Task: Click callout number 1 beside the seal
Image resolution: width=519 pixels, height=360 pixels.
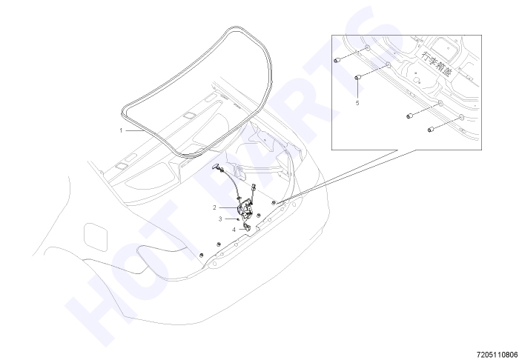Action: (x=121, y=130)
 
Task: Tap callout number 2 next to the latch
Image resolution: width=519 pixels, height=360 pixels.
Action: (x=214, y=207)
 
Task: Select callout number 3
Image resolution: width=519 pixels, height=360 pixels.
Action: (x=220, y=219)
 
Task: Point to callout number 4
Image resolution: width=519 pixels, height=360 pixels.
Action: (x=234, y=230)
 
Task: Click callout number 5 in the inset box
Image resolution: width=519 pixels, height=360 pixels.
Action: (x=357, y=103)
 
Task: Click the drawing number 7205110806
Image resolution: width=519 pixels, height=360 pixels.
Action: (x=497, y=355)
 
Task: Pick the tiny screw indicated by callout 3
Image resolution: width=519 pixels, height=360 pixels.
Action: (x=238, y=219)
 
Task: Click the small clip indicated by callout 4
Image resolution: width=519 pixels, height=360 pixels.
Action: (x=247, y=227)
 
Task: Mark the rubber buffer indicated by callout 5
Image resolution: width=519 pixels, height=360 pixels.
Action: (x=357, y=78)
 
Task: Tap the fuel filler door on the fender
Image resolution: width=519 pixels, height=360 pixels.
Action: (x=96, y=237)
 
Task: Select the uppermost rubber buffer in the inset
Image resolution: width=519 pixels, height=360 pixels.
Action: (x=337, y=61)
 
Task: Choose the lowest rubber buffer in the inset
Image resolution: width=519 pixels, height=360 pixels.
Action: (x=431, y=130)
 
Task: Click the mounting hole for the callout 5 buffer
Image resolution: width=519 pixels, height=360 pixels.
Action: (x=389, y=65)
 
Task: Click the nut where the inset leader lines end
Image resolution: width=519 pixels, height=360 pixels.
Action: (x=274, y=202)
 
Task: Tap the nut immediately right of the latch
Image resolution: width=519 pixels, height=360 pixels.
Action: (x=259, y=216)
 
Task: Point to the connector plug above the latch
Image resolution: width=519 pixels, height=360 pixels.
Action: (x=254, y=187)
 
